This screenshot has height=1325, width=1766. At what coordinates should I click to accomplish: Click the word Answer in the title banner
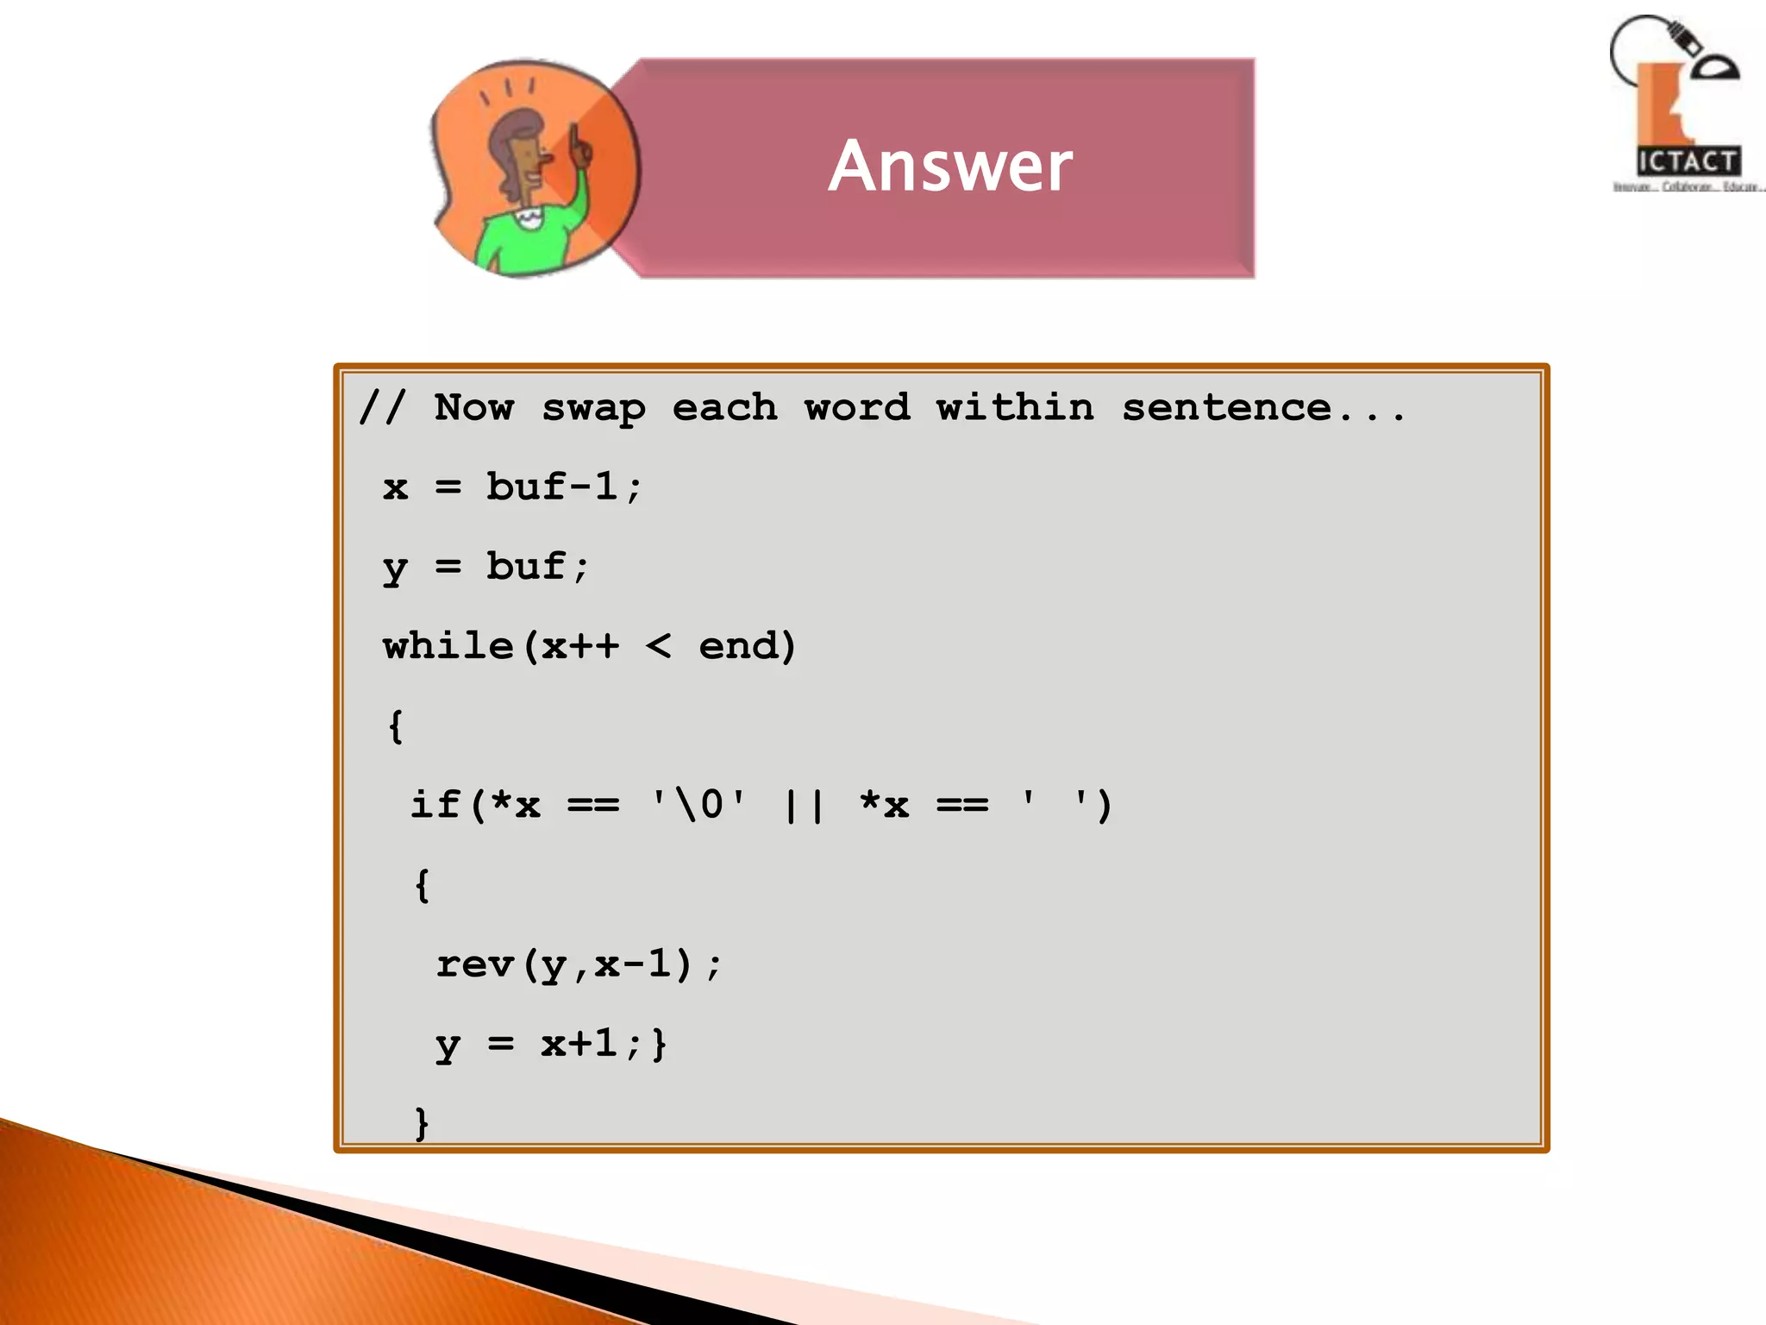pyautogui.click(x=950, y=166)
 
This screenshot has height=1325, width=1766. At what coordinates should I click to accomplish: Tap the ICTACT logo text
pyautogui.click(x=1688, y=161)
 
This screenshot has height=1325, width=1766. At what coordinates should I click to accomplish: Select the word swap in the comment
pyautogui.click(x=593, y=408)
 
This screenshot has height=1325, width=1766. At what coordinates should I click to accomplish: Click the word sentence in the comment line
pyautogui.click(x=1226, y=408)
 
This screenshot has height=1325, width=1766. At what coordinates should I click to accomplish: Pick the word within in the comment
pyautogui.click(x=1015, y=408)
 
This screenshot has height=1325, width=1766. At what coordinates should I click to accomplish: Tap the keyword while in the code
pyautogui.click(x=448, y=646)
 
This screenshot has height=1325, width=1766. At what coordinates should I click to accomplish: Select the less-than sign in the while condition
pyautogui.click(x=658, y=646)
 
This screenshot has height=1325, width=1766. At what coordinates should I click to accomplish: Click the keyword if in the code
pyautogui.click(x=435, y=805)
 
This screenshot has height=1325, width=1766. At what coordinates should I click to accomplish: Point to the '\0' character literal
pyautogui.click(x=698, y=805)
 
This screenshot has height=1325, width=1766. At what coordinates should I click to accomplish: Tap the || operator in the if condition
pyautogui.click(x=804, y=805)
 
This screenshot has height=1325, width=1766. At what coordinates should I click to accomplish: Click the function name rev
pyautogui.click(x=474, y=964)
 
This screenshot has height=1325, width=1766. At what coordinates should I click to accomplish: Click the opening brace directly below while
pyautogui.click(x=395, y=726)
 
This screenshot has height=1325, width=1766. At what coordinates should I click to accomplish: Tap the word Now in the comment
pyautogui.click(x=474, y=408)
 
